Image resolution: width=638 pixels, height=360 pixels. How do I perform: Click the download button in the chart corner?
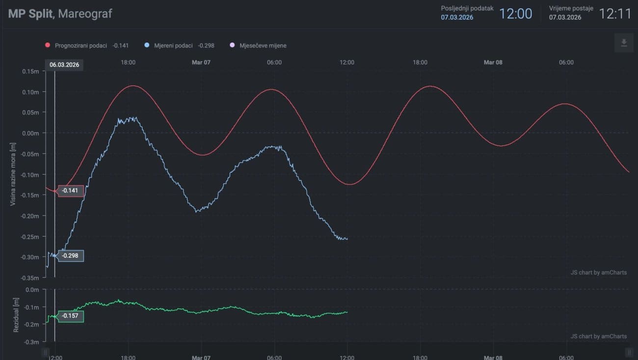pyautogui.click(x=624, y=43)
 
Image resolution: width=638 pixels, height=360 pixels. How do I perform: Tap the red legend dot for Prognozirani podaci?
pyautogui.click(x=48, y=45)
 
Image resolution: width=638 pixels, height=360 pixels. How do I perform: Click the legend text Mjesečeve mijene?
pyautogui.click(x=263, y=45)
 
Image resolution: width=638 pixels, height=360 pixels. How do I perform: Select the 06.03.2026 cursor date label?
pyautogui.click(x=64, y=64)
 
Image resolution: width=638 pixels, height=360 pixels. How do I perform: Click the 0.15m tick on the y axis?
pyautogui.click(x=30, y=71)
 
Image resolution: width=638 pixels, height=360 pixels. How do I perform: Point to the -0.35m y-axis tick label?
pyautogui.click(x=29, y=277)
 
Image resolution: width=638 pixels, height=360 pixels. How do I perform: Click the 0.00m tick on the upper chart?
pyautogui.click(x=30, y=133)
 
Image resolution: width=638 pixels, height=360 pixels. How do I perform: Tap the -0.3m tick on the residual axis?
pyautogui.click(x=31, y=341)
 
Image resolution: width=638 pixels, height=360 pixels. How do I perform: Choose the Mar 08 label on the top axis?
pyautogui.click(x=493, y=62)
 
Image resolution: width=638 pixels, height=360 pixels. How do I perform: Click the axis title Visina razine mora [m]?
pyautogui.click(x=14, y=174)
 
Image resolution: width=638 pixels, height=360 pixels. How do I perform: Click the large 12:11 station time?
pyautogui.click(x=615, y=13)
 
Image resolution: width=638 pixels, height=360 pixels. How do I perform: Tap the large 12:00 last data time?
pyautogui.click(x=515, y=13)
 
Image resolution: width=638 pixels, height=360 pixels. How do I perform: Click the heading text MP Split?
pyautogui.click(x=30, y=13)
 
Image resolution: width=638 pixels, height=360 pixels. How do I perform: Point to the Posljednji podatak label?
pyautogui.click(x=467, y=8)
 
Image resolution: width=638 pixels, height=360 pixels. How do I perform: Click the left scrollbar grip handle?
pyautogui.click(x=46, y=352)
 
